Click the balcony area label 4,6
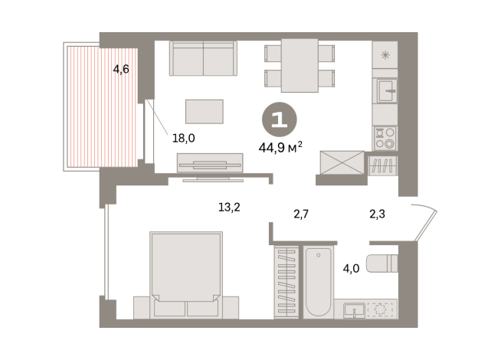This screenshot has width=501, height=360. click(x=121, y=70)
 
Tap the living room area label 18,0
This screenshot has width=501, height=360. click(x=184, y=139)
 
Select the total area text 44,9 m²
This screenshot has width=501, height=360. click(x=283, y=148)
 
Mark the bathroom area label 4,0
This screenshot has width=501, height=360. click(x=351, y=269)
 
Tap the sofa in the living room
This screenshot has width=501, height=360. click(x=203, y=57)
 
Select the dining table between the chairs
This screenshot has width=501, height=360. click(x=300, y=64)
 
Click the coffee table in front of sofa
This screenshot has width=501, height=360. click(x=205, y=112)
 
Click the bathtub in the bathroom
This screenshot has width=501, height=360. click(x=318, y=281)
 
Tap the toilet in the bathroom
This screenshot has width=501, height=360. click(x=381, y=263)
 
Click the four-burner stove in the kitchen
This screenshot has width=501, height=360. click(x=385, y=138)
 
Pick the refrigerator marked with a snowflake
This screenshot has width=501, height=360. click(x=385, y=56)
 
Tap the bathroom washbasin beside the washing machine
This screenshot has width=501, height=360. click(x=354, y=309)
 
